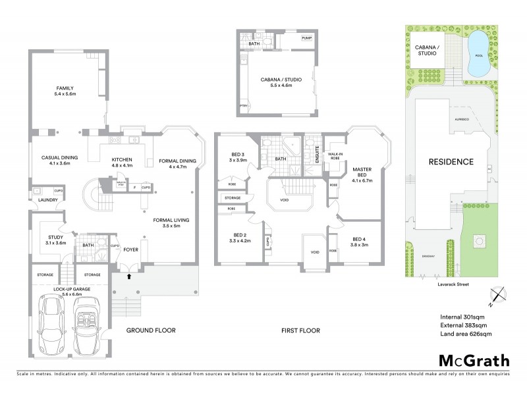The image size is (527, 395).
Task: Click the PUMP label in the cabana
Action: pos(306,39)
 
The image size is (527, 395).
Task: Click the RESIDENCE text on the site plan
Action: pos(451,162)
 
